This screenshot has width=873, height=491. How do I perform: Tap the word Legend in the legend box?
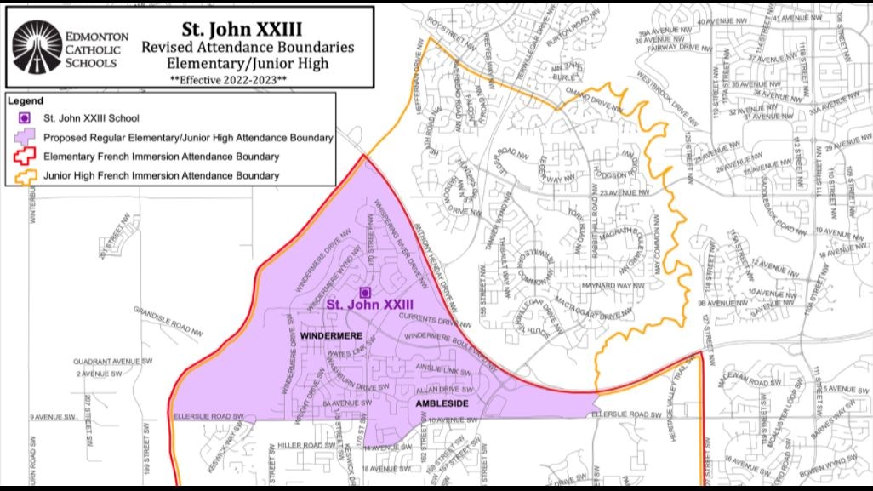[25, 100]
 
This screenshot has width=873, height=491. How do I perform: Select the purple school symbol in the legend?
[26, 118]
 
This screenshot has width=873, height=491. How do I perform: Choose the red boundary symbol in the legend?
[26, 157]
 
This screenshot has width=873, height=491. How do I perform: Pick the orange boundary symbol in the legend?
[26, 176]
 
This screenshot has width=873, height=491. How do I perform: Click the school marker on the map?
[366, 292]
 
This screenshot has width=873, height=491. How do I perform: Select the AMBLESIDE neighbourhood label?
[442, 403]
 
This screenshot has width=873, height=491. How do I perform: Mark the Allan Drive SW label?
[438, 387]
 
